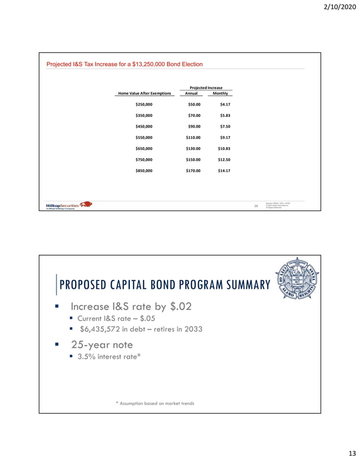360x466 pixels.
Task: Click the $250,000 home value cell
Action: point(144,104)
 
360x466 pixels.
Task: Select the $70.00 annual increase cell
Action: point(193,115)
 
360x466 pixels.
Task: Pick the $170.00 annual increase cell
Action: point(193,170)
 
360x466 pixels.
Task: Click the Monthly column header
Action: point(221,93)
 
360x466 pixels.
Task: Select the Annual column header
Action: point(191,93)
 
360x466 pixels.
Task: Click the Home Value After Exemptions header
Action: point(144,93)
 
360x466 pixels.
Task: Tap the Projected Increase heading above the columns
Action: point(206,87)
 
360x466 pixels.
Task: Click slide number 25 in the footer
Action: point(256,205)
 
